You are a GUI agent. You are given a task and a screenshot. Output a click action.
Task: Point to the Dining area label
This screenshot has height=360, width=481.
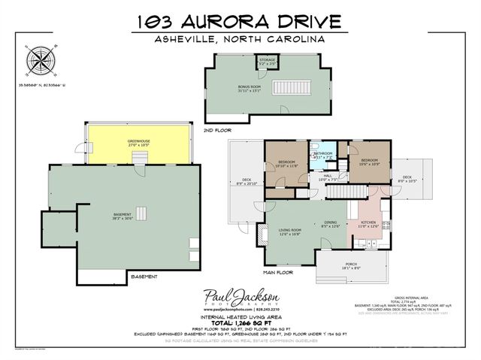coord(330,222)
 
